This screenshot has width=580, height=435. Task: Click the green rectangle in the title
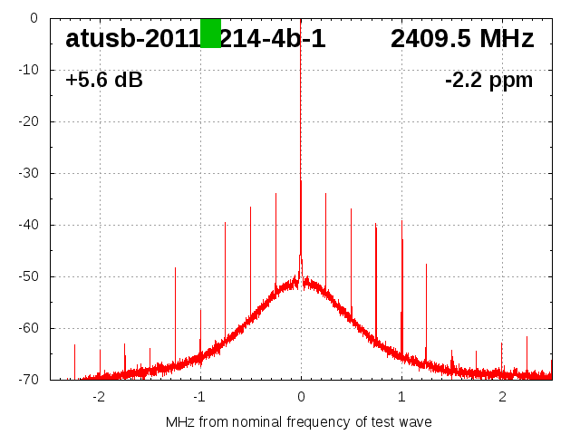tap(210, 33)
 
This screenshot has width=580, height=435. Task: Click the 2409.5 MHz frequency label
tap(462, 39)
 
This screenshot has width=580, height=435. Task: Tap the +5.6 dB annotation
tap(104, 81)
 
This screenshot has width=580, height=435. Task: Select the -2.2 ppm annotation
tap(488, 81)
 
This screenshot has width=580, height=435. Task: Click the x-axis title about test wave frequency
tap(299, 422)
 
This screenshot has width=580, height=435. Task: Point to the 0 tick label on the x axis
tap(301, 396)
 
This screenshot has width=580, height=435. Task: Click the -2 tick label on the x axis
tap(99, 396)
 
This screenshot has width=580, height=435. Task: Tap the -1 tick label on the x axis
tap(199, 396)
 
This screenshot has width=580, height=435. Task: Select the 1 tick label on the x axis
tap(401, 396)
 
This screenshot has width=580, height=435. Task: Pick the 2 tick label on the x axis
tap(502, 396)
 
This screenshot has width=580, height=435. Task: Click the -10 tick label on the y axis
tap(27, 70)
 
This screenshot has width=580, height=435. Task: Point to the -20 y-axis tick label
tap(27, 121)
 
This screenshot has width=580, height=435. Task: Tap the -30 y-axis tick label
tap(27, 173)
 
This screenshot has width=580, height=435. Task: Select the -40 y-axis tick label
tap(27, 225)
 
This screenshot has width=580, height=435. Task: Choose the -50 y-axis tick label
tap(27, 276)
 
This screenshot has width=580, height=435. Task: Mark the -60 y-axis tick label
tap(27, 328)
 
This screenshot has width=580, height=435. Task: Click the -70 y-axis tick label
tap(27, 380)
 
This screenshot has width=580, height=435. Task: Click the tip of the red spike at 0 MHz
tap(301, 180)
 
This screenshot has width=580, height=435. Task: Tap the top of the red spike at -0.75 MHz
tap(226, 222)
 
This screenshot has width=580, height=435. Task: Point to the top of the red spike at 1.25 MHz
tap(426, 264)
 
